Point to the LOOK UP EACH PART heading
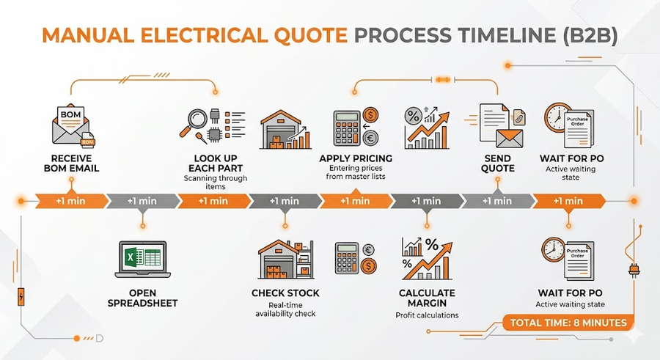[215, 163]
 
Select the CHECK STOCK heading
[285, 293]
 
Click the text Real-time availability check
[285, 309]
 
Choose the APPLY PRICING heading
[356, 158]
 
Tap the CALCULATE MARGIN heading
[427, 298]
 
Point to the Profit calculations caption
[427, 315]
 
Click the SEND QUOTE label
[499, 163]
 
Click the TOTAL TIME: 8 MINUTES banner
[568, 322]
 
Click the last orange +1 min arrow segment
[567, 201]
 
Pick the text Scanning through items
[215, 183]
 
